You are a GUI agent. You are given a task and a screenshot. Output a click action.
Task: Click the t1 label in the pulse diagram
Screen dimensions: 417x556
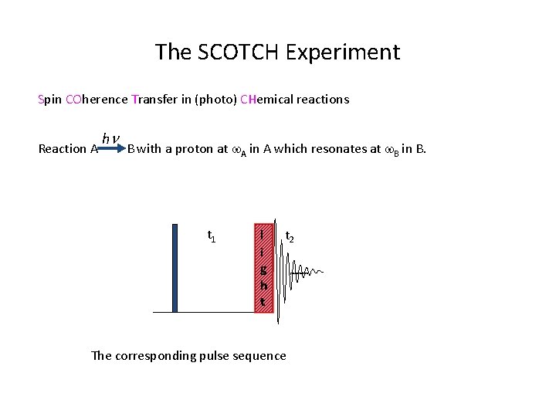(212, 236)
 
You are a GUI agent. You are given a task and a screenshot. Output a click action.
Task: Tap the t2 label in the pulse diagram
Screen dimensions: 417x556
(290, 236)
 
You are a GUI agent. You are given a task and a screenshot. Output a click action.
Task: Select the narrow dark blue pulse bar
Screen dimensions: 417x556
(175, 268)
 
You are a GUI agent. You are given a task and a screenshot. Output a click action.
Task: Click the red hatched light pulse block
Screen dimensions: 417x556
(263, 268)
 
